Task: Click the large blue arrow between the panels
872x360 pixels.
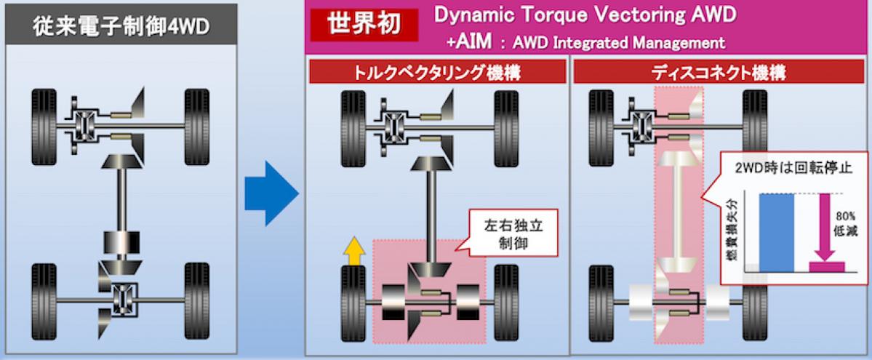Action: [x=271, y=193]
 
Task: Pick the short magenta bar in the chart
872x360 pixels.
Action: [x=827, y=266]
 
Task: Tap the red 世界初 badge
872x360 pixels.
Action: [x=364, y=25]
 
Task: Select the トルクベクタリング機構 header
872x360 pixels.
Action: [x=436, y=72]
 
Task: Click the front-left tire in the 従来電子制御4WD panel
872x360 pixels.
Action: [x=44, y=127]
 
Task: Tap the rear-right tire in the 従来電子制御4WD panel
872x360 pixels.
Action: [x=196, y=301]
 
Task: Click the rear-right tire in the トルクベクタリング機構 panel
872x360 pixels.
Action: [x=506, y=302]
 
